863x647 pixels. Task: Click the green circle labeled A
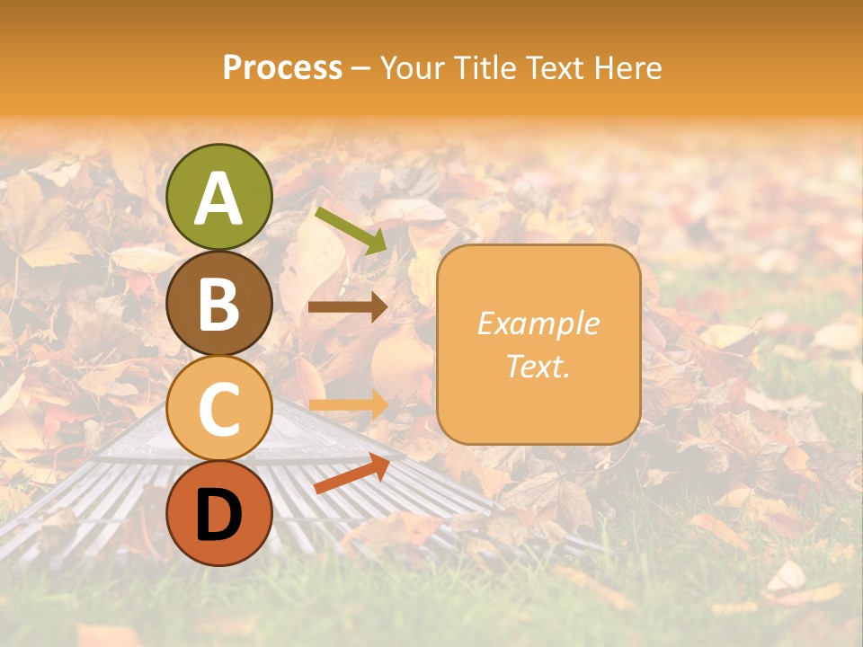[x=218, y=197]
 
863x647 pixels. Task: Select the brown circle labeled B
[x=218, y=302]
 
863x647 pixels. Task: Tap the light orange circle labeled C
[x=218, y=407]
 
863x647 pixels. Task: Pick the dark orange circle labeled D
[x=218, y=513]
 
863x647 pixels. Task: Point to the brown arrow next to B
[x=347, y=307]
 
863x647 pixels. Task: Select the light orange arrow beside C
[x=347, y=405]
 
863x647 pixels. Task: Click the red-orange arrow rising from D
[x=351, y=474]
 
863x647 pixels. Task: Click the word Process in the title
[x=282, y=67]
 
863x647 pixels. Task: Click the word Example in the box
[x=538, y=323]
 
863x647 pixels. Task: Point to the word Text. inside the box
[x=538, y=366]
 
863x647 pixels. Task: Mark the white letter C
[x=218, y=408]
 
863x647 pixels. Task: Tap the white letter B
[x=218, y=303]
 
